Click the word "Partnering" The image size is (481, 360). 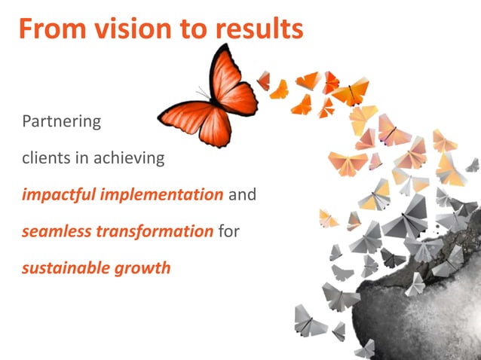(61, 121)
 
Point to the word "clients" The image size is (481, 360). (44, 158)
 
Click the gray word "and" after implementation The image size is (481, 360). (242, 195)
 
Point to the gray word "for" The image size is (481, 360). (228, 231)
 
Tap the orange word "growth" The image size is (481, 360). (141, 267)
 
